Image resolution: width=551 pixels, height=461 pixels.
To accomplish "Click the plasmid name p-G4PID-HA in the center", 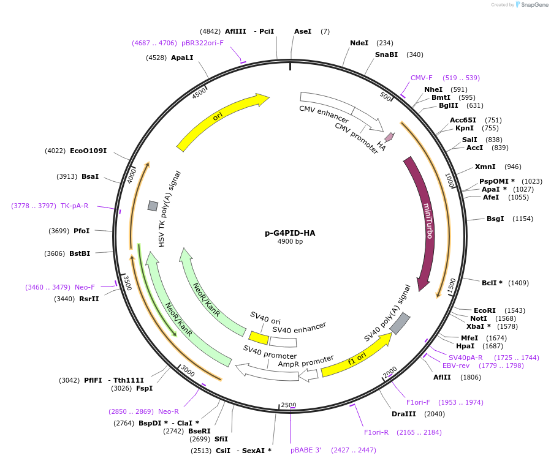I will coord(290,233).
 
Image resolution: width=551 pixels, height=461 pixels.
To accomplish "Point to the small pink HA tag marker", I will coord(389,138).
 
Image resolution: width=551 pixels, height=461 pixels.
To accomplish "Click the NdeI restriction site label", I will coord(359,43).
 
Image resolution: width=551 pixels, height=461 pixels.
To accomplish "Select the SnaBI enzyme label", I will coord(386,54).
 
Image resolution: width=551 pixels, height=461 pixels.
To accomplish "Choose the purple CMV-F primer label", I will coord(421,78).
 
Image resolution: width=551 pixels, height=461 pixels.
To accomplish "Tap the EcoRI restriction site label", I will coord(485,310).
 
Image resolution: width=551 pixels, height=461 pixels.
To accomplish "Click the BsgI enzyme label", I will coord(495,219).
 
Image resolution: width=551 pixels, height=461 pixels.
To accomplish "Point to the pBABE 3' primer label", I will coord(306,450).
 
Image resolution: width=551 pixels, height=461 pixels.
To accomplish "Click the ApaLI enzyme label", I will coord(182,58).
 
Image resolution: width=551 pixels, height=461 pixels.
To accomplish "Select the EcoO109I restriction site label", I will coord(88,151).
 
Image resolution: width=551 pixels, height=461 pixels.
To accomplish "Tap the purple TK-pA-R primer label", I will coord(74,206).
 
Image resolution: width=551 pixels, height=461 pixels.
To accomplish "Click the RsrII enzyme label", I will coord(89,299).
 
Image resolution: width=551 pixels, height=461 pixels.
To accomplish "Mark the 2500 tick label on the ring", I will coord(288,405).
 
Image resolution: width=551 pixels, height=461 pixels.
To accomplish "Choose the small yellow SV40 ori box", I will coord(259,337).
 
